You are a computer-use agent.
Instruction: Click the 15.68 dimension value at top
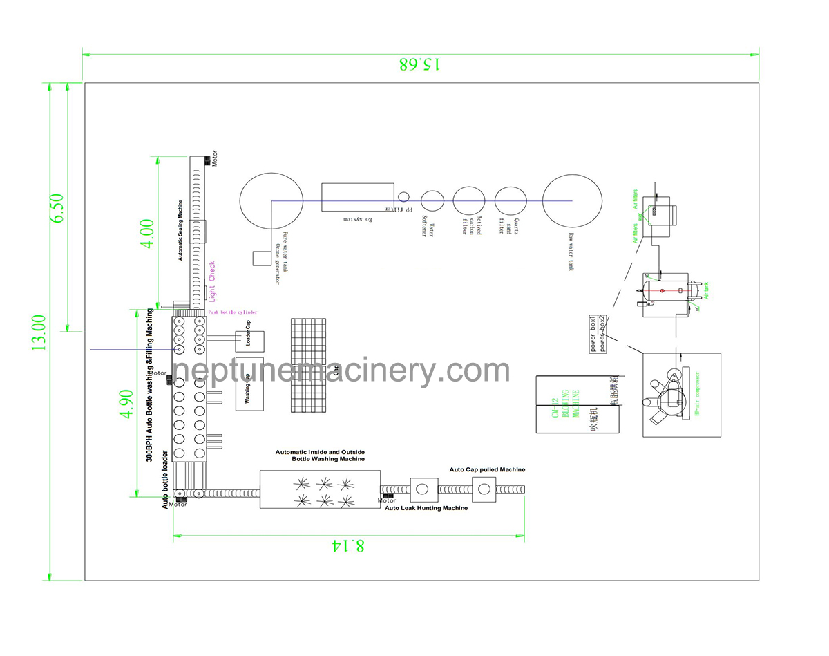click(420, 64)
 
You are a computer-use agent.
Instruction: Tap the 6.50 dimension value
click(57, 207)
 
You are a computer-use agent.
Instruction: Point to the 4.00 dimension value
click(146, 234)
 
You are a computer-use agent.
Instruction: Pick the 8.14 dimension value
click(348, 545)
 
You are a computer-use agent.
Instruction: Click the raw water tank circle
click(572, 200)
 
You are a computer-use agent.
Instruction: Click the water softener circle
click(432, 200)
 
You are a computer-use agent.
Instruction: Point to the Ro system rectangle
click(358, 198)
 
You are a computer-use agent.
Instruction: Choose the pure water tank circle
click(272, 200)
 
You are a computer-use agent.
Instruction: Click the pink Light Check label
click(213, 281)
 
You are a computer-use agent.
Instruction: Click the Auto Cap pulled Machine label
click(487, 469)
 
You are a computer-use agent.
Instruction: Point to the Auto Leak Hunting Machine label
click(426, 508)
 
